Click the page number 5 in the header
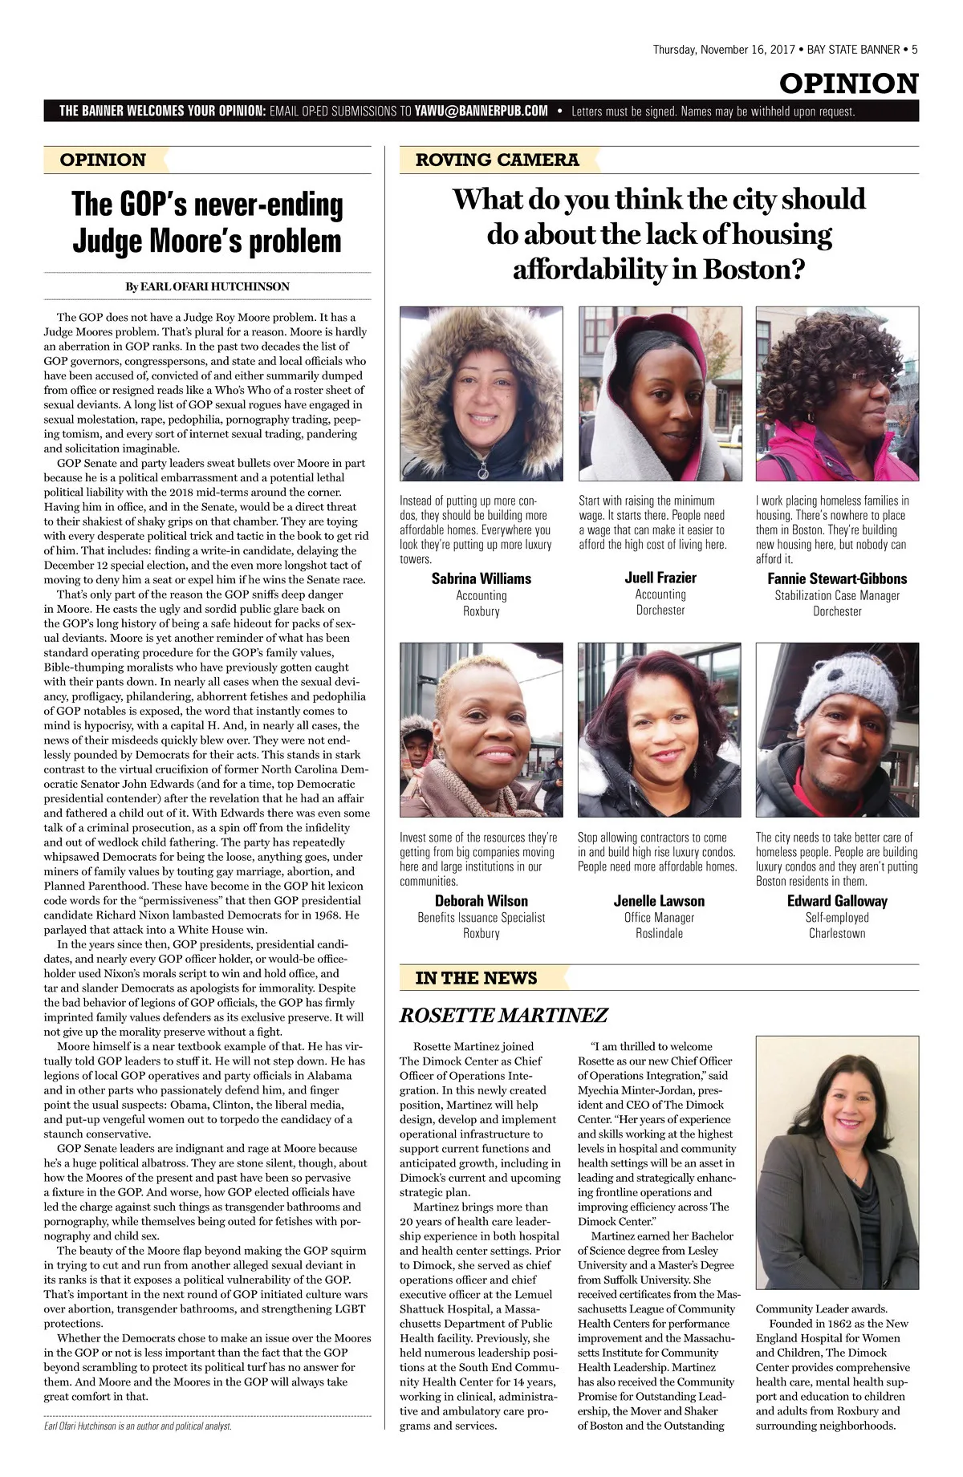coord(914,50)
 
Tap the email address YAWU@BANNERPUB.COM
coord(481,111)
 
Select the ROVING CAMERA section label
coord(497,160)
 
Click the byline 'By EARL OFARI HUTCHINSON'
coord(207,286)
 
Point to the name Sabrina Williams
coord(481,578)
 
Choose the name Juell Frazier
coord(660,578)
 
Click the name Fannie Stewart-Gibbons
coord(836,578)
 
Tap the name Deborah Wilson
coord(481,901)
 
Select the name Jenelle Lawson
coord(659,901)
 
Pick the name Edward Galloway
coord(836,901)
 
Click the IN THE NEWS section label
coord(476,978)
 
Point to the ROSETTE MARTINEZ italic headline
coord(503,1016)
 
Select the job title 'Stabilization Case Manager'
coord(836,595)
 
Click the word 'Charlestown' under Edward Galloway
coord(836,933)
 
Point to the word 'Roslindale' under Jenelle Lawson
coord(659,933)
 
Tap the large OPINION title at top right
coord(848,83)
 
